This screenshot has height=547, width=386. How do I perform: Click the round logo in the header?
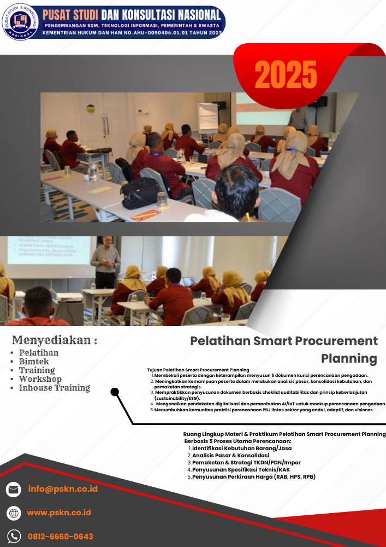[x=21, y=21]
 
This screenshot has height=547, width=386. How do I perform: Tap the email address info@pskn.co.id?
[x=63, y=489]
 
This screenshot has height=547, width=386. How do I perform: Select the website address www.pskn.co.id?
[x=59, y=513]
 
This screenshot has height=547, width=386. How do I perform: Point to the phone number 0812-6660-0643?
[x=60, y=537]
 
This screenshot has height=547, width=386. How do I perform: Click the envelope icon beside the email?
[x=14, y=490]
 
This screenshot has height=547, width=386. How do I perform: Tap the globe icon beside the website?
[x=14, y=513]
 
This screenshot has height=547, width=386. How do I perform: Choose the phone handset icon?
[x=14, y=537]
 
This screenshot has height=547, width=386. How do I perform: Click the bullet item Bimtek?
[x=34, y=362]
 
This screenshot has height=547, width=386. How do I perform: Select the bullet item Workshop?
[x=40, y=379]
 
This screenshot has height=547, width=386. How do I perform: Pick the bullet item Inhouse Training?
[x=55, y=388]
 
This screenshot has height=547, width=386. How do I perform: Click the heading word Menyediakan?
[x=52, y=340]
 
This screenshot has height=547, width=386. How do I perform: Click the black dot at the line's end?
[x=115, y=392]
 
